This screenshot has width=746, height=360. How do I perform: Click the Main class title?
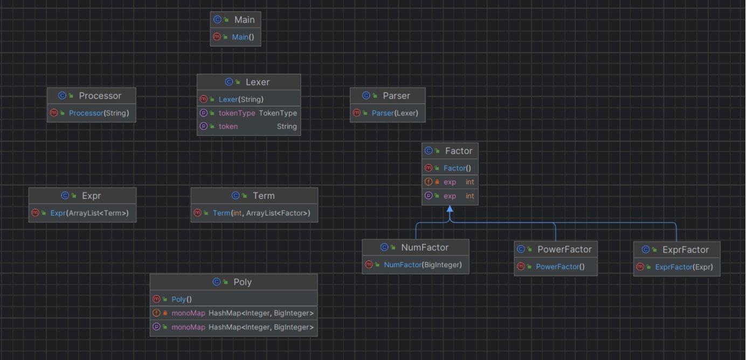(x=245, y=19)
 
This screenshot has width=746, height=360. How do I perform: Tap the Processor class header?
(x=100, y=95)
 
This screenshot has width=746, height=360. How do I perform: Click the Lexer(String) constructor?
(x=241, y=99)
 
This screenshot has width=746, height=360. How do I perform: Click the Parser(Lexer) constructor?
(x=395, y=113)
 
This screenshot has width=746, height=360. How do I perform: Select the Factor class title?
(x=459, y=151)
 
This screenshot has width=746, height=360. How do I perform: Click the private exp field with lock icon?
(x=450, y=182)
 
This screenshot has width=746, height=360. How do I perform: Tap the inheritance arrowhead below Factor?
(x=450, y=209)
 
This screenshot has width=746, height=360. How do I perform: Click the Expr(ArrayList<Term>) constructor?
(x=89, y=213)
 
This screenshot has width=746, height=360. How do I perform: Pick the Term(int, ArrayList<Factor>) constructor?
(x=261, y=213)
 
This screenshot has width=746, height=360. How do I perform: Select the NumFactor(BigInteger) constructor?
(x=423, y=265)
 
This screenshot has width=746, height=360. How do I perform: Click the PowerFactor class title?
(x=564, y=249)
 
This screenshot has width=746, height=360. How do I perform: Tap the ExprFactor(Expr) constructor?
(x=684, y=267)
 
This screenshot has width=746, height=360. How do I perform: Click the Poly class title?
(x=243, y=282)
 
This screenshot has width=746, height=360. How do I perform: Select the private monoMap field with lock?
(x=243, y=313)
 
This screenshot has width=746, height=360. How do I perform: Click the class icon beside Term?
(x=236, y=196)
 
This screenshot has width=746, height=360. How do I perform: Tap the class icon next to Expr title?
(x=65, y=196)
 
